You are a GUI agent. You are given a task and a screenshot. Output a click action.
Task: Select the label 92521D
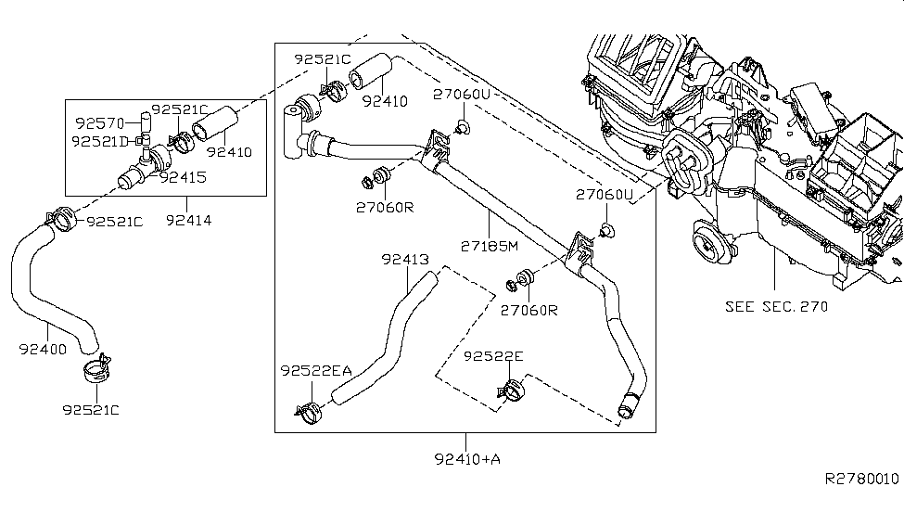click(x=101, y=141)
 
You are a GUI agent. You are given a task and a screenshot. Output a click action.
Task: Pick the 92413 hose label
click(x=403, y=260)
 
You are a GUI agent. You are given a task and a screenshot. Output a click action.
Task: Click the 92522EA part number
click(x=315, y=370)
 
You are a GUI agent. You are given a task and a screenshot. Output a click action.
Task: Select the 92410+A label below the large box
click(x=467, y=457)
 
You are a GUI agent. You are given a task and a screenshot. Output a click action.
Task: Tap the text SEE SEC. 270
click(x=777, y=305)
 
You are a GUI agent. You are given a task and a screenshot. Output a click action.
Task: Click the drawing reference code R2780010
click(x=861, y=479)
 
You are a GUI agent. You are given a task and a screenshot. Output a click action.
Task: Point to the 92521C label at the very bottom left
click(x=91, y=409)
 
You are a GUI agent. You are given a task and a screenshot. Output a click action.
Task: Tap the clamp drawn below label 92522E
click(x=507, y=392)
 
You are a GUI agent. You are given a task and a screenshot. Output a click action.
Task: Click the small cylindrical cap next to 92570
click(x=145, y=122)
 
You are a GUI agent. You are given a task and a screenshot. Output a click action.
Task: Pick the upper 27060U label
click(x=461, y=95)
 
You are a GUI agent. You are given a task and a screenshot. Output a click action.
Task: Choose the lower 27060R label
click(x=528, y=310)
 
